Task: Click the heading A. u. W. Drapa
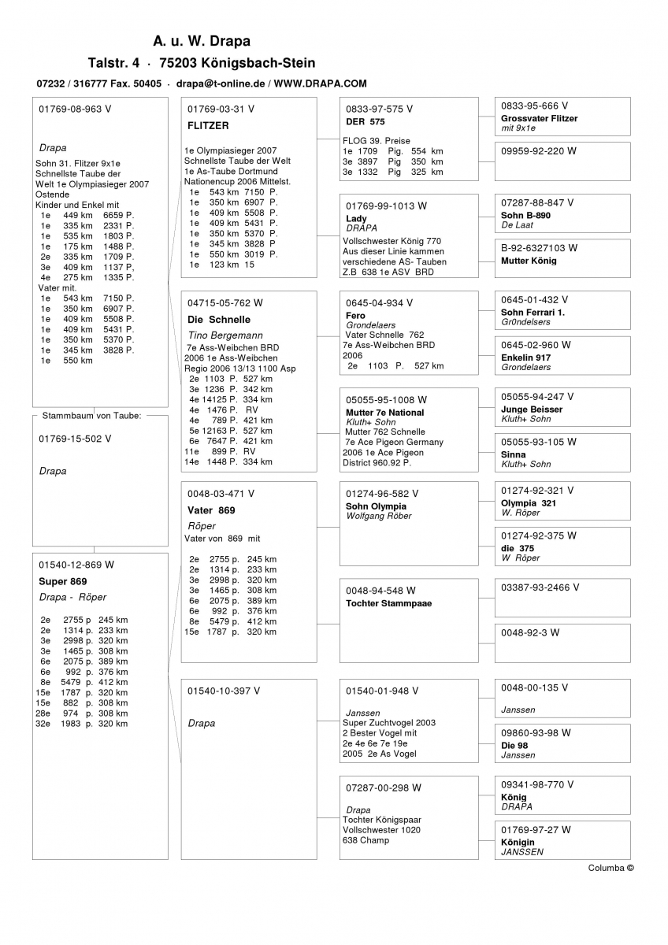[202, 41]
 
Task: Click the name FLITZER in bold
[208, 125]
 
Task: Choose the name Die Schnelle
[219, 320]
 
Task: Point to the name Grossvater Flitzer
[539, 118]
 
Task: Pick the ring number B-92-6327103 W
[539, 248]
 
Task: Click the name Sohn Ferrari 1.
[533, 313]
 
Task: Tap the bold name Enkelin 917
[525, 358]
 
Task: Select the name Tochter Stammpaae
[388, 603]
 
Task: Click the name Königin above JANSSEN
[518, 842]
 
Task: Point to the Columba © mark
[610, 868]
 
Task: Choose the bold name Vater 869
[211, 510]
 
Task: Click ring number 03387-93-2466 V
[540, 587]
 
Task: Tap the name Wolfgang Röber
[379, 516]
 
